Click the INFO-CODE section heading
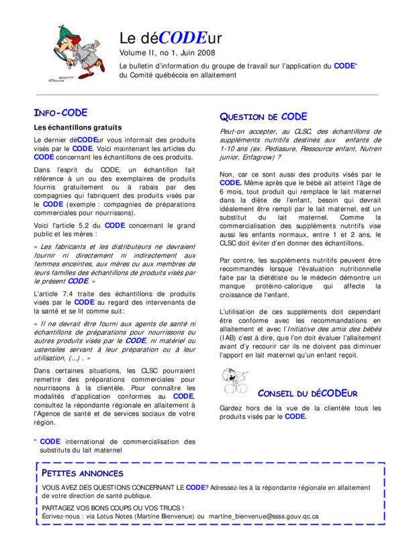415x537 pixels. coord(61,113)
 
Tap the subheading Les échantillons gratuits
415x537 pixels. coord(77,127)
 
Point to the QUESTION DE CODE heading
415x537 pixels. coord(263,117)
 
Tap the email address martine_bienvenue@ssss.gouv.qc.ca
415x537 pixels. coord(263,516)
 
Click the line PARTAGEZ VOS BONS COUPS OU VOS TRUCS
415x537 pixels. coord(113,507)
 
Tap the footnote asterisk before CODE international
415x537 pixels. coord(35,442)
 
